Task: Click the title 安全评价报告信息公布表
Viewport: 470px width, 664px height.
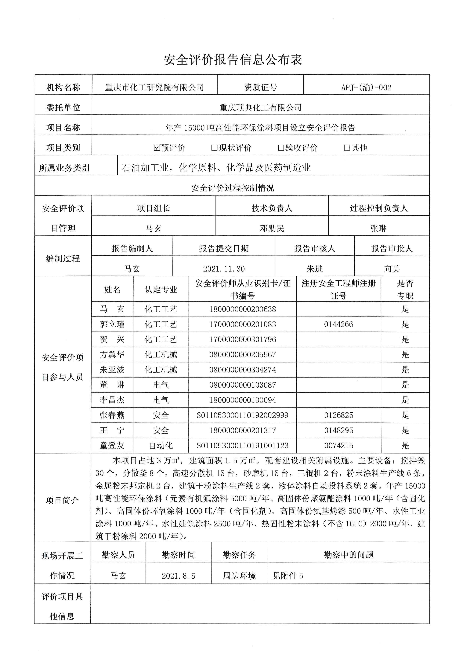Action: click(233, 60)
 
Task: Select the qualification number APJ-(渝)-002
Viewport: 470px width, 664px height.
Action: click(366, 87)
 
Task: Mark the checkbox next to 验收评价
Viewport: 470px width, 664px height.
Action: click(280, 148)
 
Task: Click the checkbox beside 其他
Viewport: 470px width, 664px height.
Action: click(347, 148)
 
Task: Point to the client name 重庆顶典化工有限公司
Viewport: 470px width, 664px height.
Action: click(260, 108)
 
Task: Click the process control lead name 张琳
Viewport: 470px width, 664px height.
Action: click(378, 229)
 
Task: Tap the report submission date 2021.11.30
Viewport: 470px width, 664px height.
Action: click(224, 269)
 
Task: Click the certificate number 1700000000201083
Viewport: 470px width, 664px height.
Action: click(243, 324)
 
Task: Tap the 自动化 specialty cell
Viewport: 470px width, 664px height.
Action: click(161, 445)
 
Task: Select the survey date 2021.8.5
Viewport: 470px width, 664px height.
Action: click(178, 576)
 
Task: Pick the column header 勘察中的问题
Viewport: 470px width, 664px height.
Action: click(349, 555)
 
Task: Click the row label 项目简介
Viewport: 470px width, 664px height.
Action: click(62, 500)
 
